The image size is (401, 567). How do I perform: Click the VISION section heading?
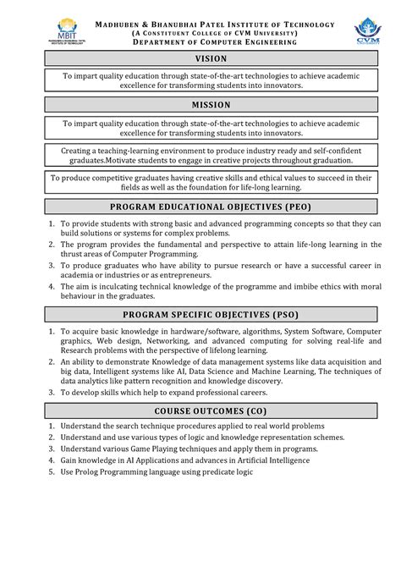point(211,59)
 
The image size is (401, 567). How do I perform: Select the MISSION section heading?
point(211,105)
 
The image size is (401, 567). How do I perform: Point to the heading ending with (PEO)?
point(211,206)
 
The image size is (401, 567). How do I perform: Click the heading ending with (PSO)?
point(211,313)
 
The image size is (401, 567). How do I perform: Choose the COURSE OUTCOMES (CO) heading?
point(211,410)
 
